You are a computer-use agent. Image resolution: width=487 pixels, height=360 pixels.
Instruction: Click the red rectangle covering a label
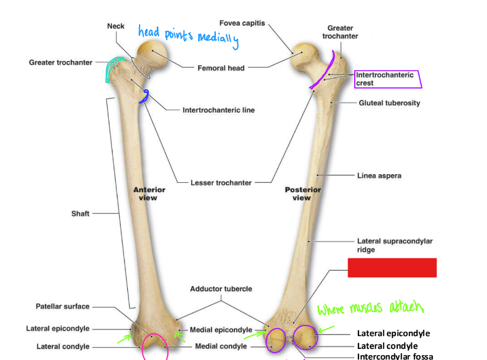[392, 268]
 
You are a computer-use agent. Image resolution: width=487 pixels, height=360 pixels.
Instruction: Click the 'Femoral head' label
[221, 68]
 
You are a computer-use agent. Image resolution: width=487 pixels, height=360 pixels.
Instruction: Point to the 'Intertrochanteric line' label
[218, 110]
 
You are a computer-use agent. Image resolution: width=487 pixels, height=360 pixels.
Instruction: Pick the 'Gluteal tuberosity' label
[389, 103]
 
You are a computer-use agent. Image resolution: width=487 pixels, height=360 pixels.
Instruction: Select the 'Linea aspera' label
[379, 175]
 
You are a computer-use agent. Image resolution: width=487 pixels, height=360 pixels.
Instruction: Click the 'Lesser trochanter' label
[221, 182]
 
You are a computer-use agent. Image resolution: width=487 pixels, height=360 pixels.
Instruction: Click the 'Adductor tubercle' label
[221, 288]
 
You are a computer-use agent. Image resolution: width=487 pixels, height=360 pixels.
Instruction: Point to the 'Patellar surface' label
[62, 306]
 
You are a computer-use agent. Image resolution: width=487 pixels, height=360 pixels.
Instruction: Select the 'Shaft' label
[80, 214]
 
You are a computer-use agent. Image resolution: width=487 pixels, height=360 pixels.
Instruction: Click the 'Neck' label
[116, 26]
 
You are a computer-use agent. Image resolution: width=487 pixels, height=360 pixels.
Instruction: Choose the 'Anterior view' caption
[149, 194]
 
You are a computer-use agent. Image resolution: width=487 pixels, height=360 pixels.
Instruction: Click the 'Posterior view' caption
[303, 194]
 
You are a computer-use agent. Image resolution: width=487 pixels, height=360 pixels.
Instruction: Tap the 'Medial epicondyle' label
[221, 330]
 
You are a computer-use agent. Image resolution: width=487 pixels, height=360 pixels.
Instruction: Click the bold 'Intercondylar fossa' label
[395, 356]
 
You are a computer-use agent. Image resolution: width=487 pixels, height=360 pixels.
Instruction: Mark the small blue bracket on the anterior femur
[145, 95]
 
